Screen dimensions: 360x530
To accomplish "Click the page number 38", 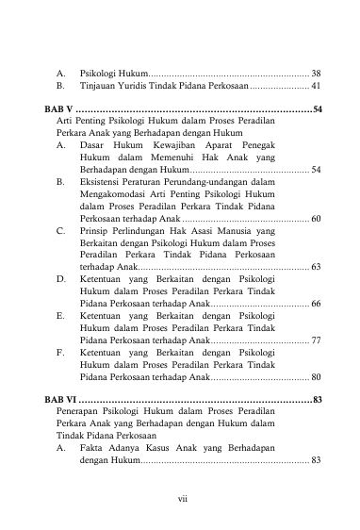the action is [316, 73].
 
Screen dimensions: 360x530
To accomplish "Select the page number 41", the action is [316, 86].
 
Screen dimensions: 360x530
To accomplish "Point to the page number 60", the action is [316, 219].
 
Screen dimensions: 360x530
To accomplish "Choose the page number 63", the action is [316, 267].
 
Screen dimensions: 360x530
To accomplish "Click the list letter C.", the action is [60, 230].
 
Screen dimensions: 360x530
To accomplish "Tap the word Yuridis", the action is [142, 86].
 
